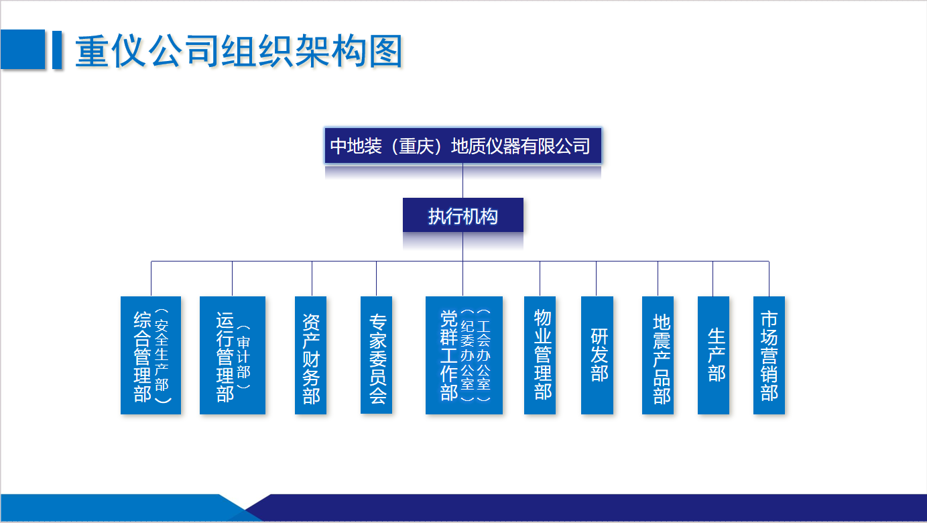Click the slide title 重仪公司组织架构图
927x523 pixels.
[x=239, y=51]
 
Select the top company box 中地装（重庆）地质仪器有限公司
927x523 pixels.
[x=462, y=146]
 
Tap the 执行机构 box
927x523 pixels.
[x=462, y=215]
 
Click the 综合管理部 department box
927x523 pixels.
[x=151, y=355]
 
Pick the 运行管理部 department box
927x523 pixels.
[x=233, y=355]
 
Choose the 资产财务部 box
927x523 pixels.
[x=311, y=355]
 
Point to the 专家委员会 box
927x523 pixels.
[x=376, y=355]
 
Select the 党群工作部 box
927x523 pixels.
[x=464, y=355]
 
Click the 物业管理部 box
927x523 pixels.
[x=540, y=355]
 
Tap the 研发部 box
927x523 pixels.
[x=597, y=355]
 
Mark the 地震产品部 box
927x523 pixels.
[x=658, y=355]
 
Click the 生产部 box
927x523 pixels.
[x=713, y=355]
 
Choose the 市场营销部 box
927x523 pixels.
[x=769, y=355]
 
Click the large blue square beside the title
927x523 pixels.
[x=23, y=49]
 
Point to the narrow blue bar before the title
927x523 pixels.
[x=57, y=49]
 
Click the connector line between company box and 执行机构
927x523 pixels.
[x=462, y=180]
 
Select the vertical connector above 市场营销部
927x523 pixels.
[x=769, y=279]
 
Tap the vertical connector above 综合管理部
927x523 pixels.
[x=151, y=279]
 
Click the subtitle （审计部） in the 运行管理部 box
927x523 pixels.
[x=244, y=357]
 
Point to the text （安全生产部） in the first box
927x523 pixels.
[x=162, y=355]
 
